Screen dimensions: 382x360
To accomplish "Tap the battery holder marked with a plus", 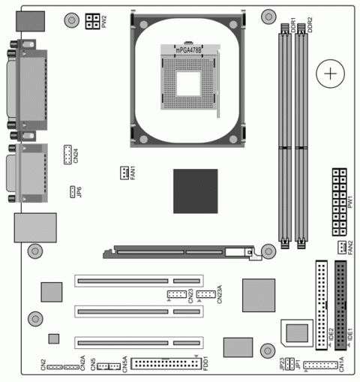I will click(328, 74).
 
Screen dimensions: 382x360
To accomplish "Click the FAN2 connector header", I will click(341, 247).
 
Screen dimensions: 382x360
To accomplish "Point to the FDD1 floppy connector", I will click(163, 364).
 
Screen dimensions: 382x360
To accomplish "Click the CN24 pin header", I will click(67, 155).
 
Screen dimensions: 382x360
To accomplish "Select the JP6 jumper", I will click(73, 191).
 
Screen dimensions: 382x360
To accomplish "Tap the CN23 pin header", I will click(177, 293).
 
